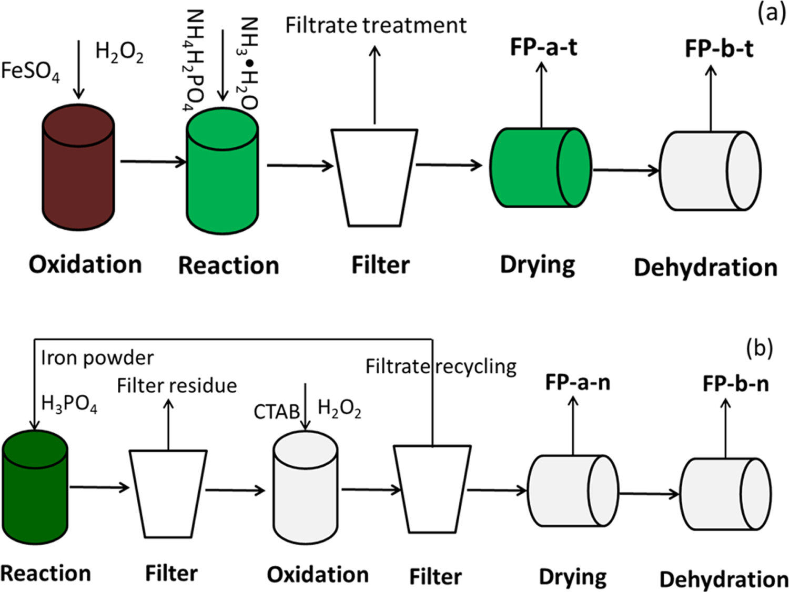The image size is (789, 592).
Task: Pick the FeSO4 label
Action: click(x=31, y=71)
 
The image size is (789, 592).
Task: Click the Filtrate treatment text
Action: click(x=376, y=25)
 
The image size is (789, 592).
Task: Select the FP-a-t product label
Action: click(x=543, y=47)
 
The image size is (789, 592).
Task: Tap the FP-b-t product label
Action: click(x=719, y=49)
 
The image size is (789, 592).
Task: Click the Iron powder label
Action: click(x=97, y=358)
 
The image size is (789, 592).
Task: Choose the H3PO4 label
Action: click(x=69, y=404)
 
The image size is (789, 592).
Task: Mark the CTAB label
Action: click(x=277, y=412)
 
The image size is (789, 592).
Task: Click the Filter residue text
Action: click(x=177, y=385)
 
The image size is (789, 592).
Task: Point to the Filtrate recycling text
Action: click(x=441, y=366)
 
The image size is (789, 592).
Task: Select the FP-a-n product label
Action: click(x=578, y=382)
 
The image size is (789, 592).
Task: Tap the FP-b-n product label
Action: click(x=735, y=384)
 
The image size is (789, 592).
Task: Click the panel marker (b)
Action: click(x=759, y=348)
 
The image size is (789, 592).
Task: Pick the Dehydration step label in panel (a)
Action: click(x=705, y=267)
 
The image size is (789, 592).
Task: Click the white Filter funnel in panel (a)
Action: click(x=375, y=177)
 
